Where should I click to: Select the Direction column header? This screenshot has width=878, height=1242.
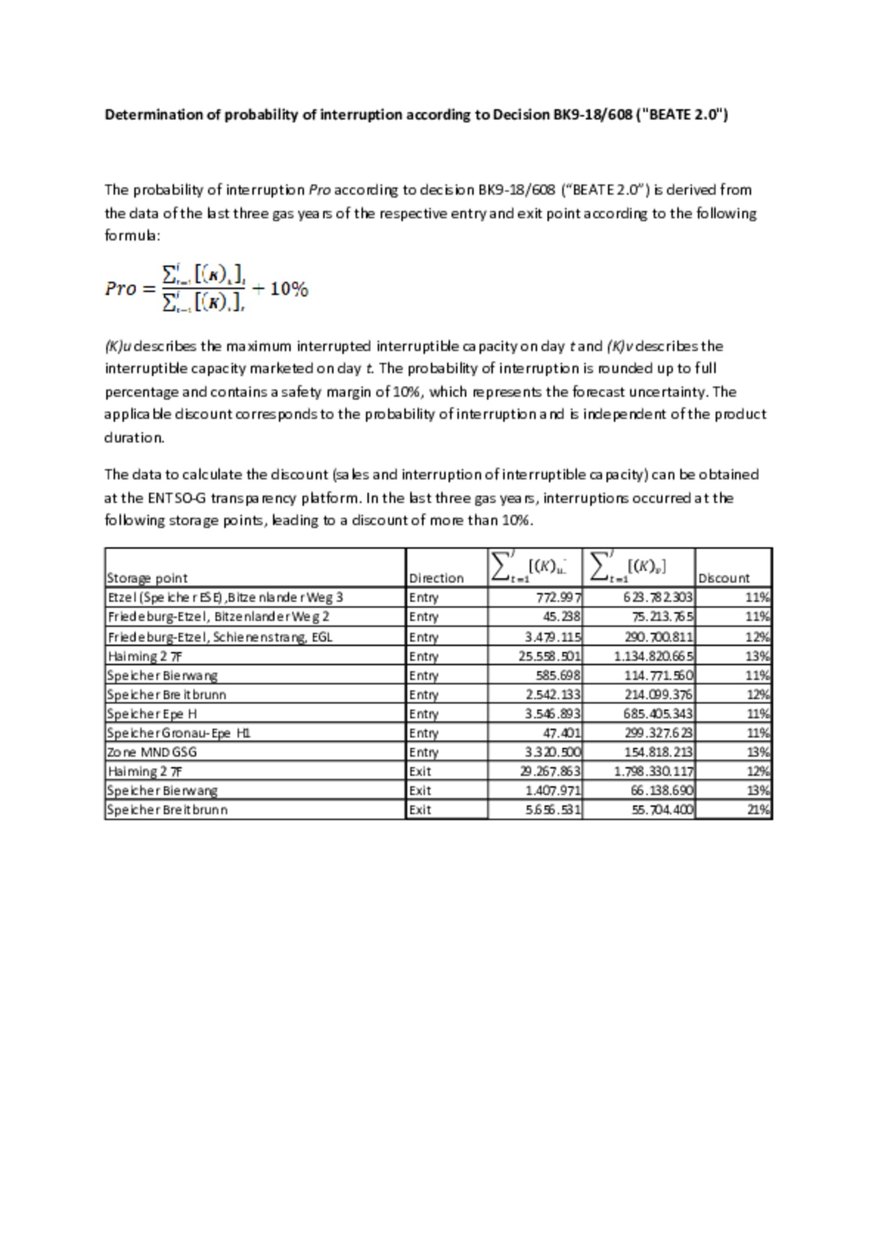pyautogui.click(x=436, y=578)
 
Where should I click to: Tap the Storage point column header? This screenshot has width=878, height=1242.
pyautogui.click(x=147, y=578)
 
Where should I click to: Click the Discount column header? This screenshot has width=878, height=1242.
pyautogui.click(x=723, y=578)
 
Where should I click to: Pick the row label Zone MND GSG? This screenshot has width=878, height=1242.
pyautogui.click(x=152, y=752)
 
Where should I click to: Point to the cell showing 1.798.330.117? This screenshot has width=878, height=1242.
pyautogui.click(x=653, y=772)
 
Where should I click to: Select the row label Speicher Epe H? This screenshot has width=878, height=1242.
pyautogui.click(x=152, y=714)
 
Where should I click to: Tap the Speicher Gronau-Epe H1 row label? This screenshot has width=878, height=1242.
pyautogui.click(x=178, y=733)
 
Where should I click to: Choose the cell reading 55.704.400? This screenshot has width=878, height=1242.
pyautogui.click(x=662, y=810)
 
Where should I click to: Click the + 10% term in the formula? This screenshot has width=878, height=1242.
pyautogui.click(x=280, y=288)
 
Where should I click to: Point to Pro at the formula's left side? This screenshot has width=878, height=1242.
pyautogui.click(x=120, y=288)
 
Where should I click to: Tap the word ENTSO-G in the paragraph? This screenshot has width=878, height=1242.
pyautogui.click(x=176, y=498)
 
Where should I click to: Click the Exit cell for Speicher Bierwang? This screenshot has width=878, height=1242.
pyautogui.click(x=419, y=790)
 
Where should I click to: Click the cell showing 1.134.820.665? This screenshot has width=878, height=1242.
pyautogui.click(x=653, y=656)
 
